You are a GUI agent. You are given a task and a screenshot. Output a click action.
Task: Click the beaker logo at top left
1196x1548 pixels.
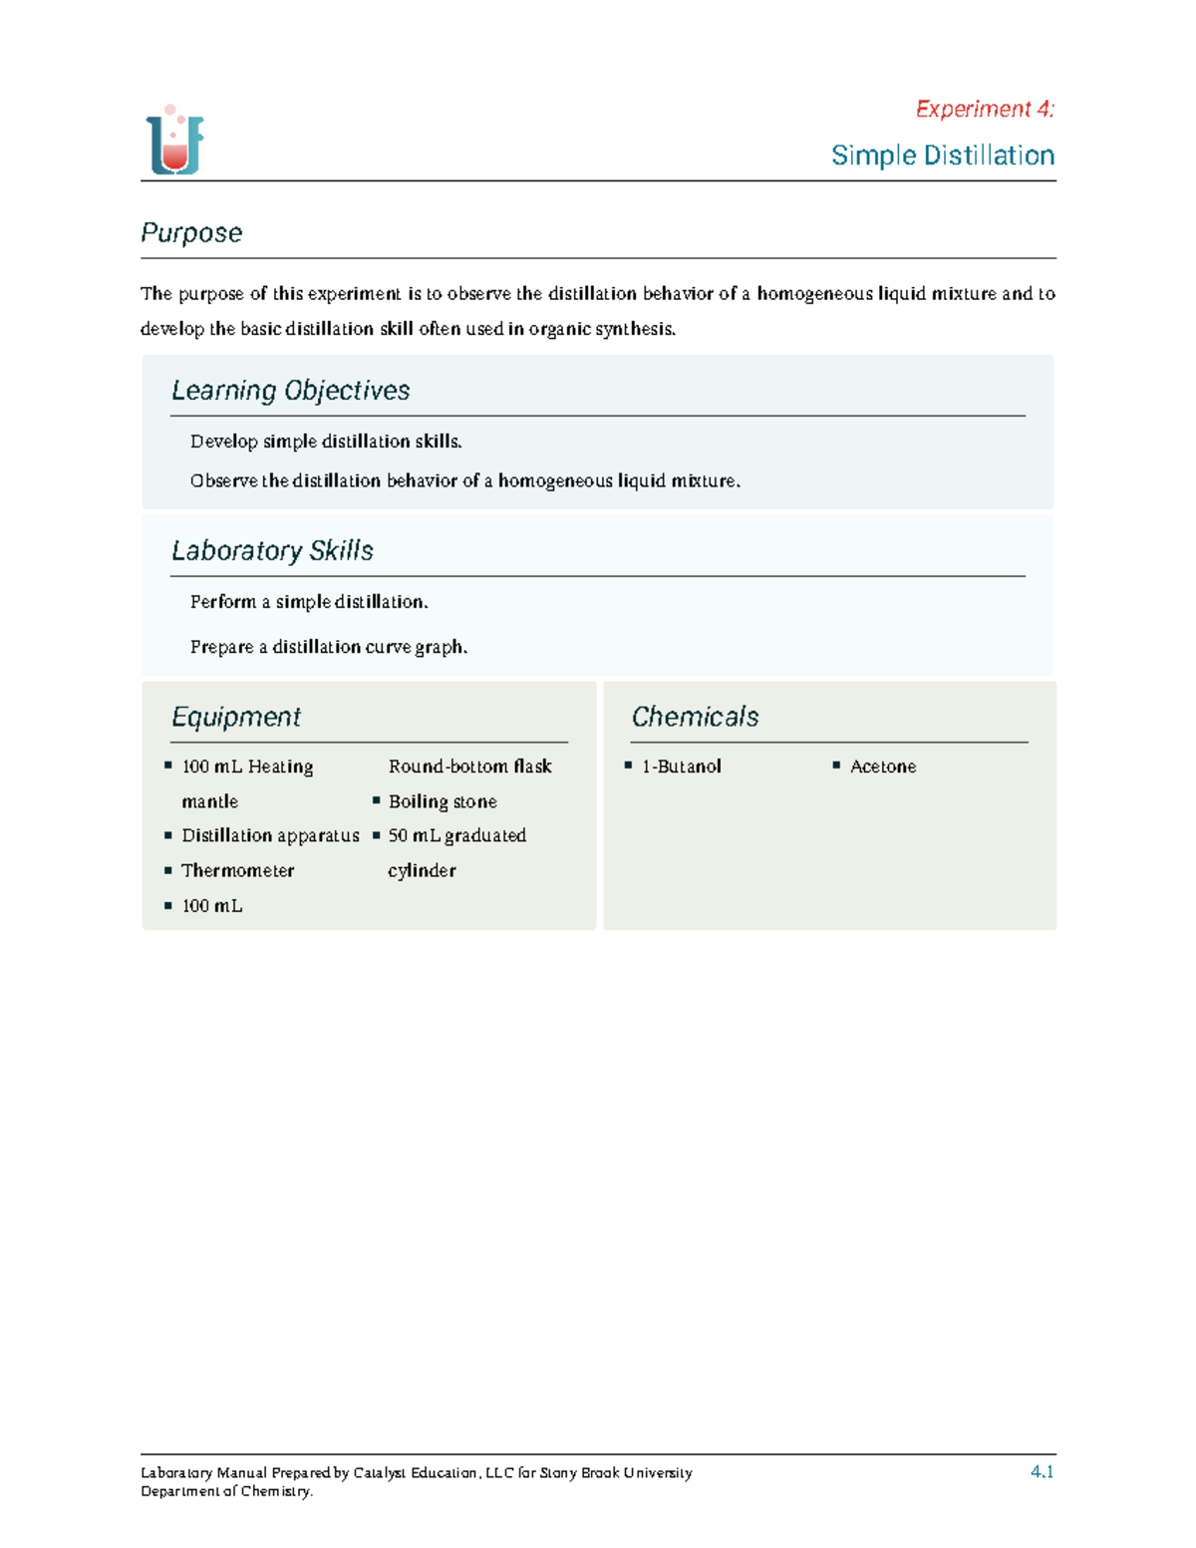coord(175,142)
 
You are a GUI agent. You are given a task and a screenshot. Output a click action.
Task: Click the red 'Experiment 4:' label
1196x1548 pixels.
coord(984,109)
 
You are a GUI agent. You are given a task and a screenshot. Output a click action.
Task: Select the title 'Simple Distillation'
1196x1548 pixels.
coord(942,155)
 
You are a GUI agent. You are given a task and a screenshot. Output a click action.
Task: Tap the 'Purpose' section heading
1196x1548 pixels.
coord(191,232)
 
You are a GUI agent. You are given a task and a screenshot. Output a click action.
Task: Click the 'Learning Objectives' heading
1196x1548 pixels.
coord(290,390)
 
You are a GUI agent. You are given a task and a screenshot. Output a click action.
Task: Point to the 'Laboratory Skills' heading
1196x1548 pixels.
coord(272,550)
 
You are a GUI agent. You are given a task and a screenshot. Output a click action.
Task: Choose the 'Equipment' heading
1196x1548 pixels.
coord(236,717)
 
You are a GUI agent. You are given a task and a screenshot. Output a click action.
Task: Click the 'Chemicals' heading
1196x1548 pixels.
coord(695,717)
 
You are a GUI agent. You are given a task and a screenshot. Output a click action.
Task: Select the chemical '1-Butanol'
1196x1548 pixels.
coord(681,767)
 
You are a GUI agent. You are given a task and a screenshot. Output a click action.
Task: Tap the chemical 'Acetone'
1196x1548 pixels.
coord(882,767)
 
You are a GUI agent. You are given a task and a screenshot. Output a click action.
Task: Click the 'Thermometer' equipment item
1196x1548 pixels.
coord(237,870)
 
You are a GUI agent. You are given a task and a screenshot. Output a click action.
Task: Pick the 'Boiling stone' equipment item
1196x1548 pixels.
coord(443,801)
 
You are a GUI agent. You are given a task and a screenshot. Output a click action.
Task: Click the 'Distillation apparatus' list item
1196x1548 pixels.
coord(270,835)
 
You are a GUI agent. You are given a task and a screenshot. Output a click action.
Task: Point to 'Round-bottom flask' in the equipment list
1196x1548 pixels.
coord(469,767)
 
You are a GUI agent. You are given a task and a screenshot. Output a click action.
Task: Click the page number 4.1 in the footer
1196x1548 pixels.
coord(1042,1471)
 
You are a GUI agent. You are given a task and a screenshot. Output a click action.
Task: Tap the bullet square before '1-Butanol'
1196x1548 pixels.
coord(629,766)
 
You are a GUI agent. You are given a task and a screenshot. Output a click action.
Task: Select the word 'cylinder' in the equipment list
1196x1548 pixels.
coord(422,870)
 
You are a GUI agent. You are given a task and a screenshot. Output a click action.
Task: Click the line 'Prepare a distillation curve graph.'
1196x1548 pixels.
coord(329,647)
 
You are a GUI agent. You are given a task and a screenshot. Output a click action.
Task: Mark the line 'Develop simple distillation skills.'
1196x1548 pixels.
coord(326,442)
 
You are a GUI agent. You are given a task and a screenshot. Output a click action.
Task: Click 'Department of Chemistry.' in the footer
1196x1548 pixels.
coord(226,1491)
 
